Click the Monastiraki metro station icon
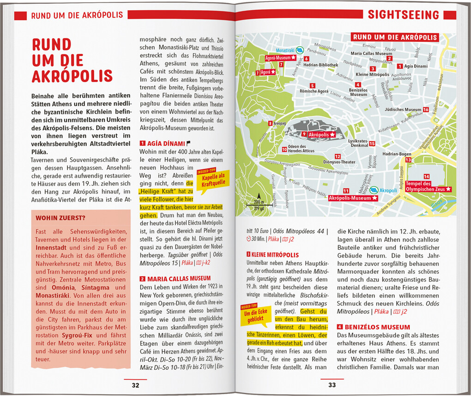tap(299, 50)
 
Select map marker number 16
tap(426, 109)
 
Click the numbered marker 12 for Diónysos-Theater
tap(338, 157)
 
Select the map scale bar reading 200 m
tap(255, 205)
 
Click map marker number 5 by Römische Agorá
tap(313, 85)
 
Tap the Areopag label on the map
tap(279, 124)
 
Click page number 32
tap(135, 385)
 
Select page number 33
tap(332, 385)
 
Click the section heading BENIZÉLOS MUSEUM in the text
tap(377, 327)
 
